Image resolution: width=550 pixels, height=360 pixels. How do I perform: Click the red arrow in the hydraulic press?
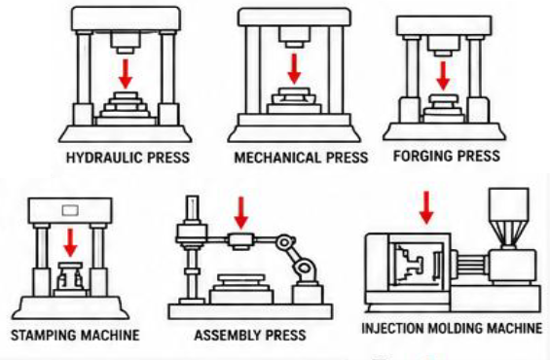[126, 74]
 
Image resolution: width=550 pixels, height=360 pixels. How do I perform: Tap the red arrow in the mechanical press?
[294, 69]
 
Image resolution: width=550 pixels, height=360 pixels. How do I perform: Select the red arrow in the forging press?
[443, 76]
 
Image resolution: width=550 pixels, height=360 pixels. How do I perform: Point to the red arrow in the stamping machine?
[70, 242]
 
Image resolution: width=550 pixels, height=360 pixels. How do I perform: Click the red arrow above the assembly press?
[241, 213]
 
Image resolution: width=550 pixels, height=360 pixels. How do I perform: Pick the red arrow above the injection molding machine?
[426, 207]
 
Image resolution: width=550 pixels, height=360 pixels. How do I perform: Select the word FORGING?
[419, 156]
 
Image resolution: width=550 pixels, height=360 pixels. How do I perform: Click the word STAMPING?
[43, 335]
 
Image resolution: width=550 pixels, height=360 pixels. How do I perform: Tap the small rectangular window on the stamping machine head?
[70, 210]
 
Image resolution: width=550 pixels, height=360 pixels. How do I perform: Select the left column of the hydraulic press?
[84, 68]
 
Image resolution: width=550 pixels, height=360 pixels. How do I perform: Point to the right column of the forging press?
[475, 66]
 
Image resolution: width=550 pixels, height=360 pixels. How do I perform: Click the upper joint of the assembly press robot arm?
[285, 242]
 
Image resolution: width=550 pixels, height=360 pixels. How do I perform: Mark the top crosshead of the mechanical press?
[294, 18]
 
